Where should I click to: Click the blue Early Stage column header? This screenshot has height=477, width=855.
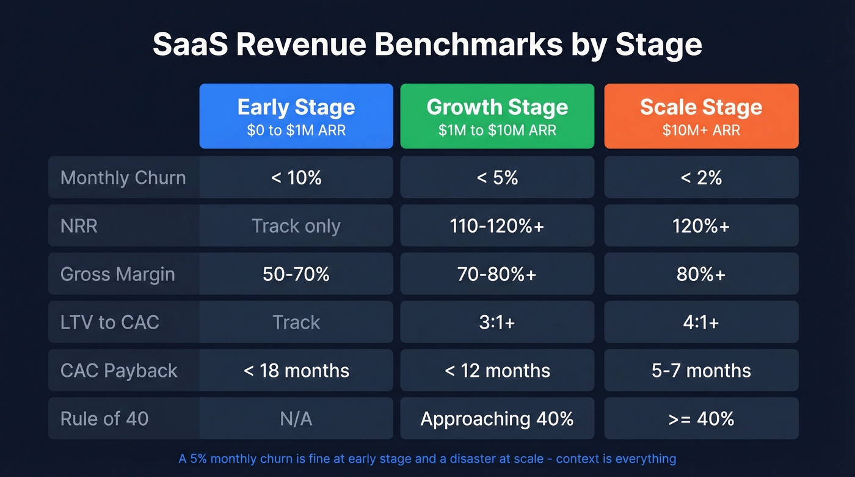[x=296, y=116]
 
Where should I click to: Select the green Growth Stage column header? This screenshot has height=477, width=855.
[x=497, y=116]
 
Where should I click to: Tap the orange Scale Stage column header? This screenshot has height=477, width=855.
[x=701, y=116]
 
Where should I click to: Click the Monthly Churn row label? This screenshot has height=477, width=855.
[x=123, y=178]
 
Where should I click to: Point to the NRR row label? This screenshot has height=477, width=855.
[x=79, y=226]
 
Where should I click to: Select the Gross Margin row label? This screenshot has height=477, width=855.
[x=118, y=274]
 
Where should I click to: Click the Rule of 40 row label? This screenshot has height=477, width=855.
[x=104, y=418]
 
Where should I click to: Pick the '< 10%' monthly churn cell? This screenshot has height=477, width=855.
[x=296, y=178]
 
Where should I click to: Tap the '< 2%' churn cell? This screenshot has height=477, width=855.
[x=701, y=178]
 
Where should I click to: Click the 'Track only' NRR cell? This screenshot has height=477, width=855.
[x=296, y=226]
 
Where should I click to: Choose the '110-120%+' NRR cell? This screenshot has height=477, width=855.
[x=497, y=226]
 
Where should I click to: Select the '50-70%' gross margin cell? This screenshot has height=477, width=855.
[x=296, y=274]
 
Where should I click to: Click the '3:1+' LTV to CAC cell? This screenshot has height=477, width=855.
[x=497, y=322]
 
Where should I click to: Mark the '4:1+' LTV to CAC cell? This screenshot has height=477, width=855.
[x=701, y=322]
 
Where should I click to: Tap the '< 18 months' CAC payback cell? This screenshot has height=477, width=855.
[x=296, y=370]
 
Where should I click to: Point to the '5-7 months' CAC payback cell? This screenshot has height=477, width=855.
[x=701, y=370]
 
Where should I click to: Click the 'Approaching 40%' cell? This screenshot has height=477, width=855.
[x=497, y=418]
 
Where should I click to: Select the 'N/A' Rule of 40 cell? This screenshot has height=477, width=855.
[x=296, y=418]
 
